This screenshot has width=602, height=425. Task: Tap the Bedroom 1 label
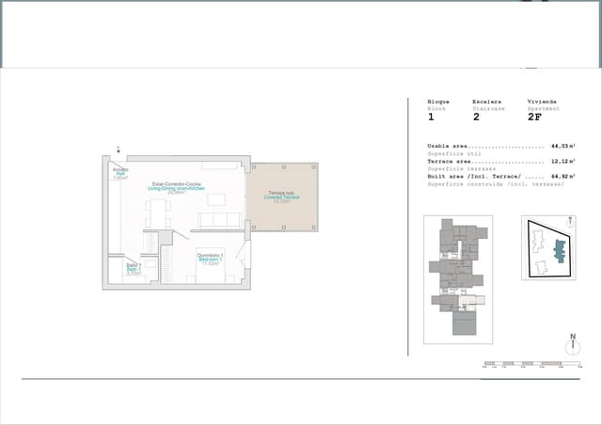coord(210,260)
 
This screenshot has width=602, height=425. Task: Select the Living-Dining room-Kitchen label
coord(176,188)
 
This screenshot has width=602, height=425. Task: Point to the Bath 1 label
coord(133,270)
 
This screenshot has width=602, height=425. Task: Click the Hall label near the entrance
coord(120,174)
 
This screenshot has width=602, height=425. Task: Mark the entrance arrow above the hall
coord(119,150)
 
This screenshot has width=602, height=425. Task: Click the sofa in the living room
coord(220,220)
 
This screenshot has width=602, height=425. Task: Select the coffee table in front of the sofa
coord(217,199)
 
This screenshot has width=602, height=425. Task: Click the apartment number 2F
coord(534,118)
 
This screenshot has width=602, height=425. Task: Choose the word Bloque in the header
coord(438,102)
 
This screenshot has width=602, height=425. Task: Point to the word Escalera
coord(487,102)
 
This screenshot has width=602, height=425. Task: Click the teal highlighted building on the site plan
coord(561,250)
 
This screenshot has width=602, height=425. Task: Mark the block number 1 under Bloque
coord(431,118)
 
